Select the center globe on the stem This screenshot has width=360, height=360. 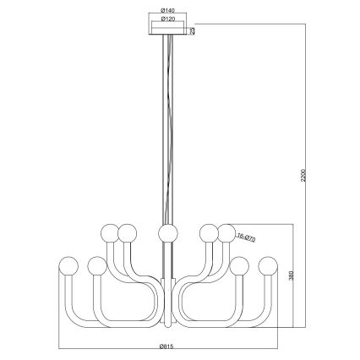coord(166,232)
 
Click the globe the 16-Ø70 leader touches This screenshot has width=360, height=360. coord(226,232)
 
